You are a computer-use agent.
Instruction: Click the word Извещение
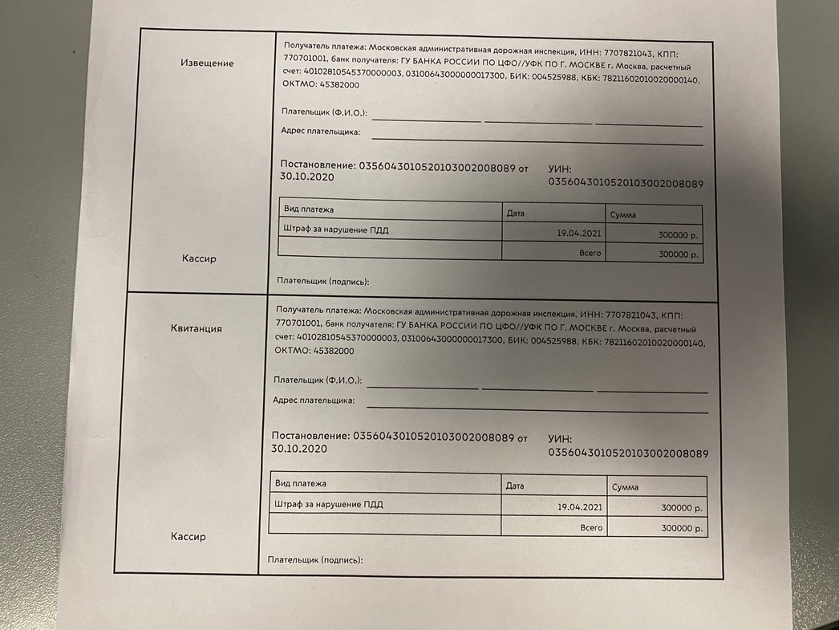[207, 63]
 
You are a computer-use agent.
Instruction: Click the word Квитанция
[197, 328]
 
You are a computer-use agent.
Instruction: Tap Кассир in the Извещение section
[198, 258]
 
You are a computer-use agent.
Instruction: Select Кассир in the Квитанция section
[188, 536]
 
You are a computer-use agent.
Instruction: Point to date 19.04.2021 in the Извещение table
[578, 234]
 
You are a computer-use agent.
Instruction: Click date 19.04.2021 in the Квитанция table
[579, 507]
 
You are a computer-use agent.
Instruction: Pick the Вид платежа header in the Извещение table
[309, 209]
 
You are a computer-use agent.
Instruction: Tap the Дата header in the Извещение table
[516, 213]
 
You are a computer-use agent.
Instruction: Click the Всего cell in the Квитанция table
[591, 528]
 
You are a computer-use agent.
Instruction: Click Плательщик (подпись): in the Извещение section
[322, 282]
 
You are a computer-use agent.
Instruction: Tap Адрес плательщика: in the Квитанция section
[314, 400]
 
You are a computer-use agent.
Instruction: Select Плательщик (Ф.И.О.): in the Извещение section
[324, 112]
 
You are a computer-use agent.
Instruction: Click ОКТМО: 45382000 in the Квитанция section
[314, 351]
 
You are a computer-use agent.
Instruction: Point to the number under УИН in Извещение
[625, 184]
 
